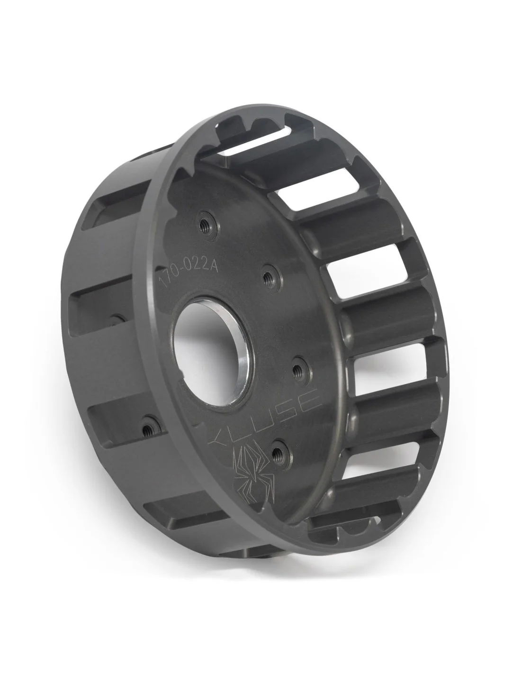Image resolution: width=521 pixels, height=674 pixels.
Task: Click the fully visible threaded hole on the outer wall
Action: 148,419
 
